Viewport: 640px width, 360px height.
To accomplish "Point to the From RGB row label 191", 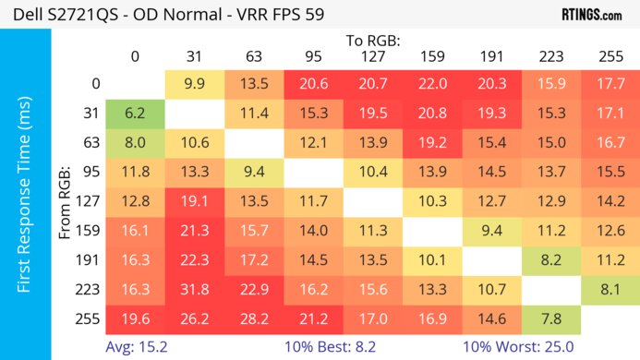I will click(x=91, y=259).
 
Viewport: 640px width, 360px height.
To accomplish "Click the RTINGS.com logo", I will click(x=591, y=15).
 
